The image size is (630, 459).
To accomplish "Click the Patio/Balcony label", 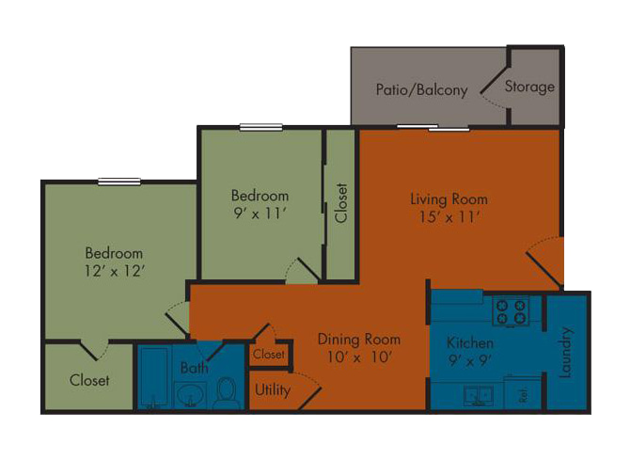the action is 421,89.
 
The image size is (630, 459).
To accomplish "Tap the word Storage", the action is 529,87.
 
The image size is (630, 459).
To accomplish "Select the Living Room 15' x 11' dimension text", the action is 449,217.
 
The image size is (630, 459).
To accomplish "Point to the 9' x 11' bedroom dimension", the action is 260,214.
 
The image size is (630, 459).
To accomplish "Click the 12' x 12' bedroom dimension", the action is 114,271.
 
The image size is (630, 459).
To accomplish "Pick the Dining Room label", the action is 359,340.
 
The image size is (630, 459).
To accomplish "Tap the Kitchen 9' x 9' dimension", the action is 470,360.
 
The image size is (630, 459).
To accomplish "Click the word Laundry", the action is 565,353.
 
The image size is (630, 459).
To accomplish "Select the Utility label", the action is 273,390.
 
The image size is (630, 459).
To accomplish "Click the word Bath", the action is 194,368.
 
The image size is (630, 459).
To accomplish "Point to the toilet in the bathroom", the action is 227,392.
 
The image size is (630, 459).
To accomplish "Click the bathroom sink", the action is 191,395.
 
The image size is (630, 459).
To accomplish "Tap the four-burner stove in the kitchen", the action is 512,311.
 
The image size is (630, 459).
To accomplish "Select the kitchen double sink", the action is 478,396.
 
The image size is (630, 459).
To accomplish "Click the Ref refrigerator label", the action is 523,396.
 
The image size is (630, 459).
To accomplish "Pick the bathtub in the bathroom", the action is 154,378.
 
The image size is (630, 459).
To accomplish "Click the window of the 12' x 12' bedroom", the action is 119,182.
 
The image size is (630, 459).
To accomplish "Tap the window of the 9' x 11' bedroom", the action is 260,127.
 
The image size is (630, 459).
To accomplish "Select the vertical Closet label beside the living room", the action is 340,203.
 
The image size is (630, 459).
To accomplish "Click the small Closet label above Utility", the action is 269,354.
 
